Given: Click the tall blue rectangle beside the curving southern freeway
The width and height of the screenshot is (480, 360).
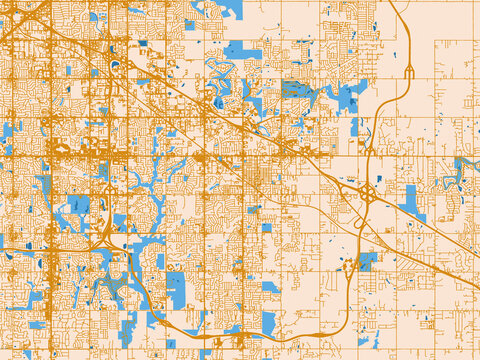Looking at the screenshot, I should [176, 289].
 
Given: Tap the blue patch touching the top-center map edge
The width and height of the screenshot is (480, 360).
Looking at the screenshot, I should [229, 9].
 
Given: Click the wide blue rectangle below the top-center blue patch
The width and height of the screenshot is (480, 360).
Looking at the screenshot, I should [242, 51].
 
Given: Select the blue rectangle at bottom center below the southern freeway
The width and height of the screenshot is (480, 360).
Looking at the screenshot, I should [268, 321].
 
